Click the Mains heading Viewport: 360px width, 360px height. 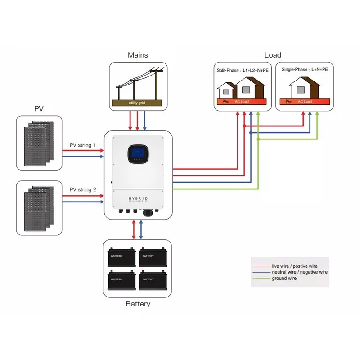coord(138,55)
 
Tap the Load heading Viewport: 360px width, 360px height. coord(273,55)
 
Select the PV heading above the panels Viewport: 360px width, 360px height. coord(39,109)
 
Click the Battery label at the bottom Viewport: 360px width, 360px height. coord(138,304)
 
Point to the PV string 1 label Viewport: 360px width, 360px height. coord(83,145)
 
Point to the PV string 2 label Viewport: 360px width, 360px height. coord(83,190)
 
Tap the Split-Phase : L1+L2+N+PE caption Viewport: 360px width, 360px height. coord(243,70)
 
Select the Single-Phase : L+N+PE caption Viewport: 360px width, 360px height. coord(305,70)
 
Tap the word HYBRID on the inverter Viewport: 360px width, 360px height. coord(138,198)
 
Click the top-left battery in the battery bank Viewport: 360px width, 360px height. coord(122,256)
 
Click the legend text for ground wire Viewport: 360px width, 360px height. coord(284,279)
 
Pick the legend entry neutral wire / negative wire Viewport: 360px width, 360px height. coord(300,272)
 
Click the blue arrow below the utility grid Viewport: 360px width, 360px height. coord(144,121)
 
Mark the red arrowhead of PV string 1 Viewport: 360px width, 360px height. coord(101,150)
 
